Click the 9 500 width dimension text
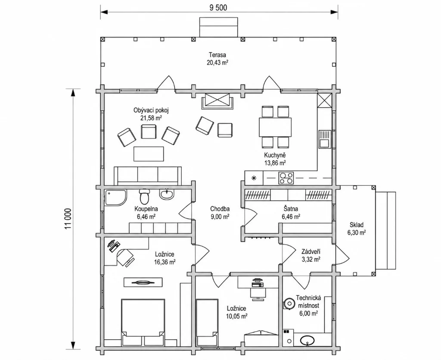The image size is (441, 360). (218, 7)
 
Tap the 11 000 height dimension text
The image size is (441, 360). (68, 219)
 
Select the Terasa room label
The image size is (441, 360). (217, 55)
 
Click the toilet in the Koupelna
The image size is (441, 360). (145, 196)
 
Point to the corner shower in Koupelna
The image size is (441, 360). (115, 197)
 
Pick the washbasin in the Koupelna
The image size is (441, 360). (167, 194)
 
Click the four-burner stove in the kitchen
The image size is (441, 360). (286, 178)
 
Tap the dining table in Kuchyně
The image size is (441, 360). (275, 127)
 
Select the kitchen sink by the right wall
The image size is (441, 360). (325, 139)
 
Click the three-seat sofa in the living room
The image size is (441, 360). (148, 176)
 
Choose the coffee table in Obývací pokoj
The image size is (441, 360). (149, 153)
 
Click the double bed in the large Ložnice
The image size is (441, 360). (143, 322)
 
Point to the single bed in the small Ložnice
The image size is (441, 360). (207, 323)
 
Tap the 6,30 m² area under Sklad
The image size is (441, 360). (356, 232)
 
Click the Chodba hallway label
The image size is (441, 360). (220, 209)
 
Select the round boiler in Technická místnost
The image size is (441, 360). (289, 304)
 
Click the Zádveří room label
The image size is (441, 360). (311, 252)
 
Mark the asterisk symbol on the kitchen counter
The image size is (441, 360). (254, 178)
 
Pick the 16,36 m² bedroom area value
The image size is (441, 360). (165, 262)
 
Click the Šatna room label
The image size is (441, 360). (291, 209)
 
